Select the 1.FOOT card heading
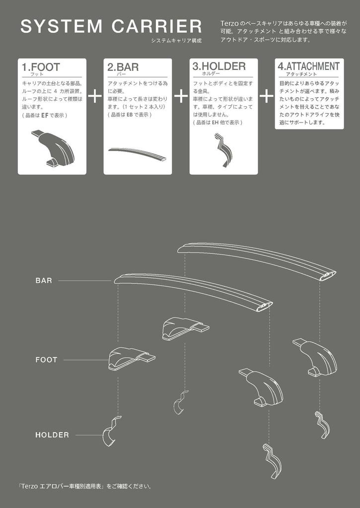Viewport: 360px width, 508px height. (x=41, y=67)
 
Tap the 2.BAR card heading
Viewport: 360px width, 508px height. (x=123, y=67)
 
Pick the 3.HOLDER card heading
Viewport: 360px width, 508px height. (x=219, y=66)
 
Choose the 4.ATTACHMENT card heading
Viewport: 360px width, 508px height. (x=309, y=66)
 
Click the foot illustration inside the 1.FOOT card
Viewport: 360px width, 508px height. (x=55, y=147)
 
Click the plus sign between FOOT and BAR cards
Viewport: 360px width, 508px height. (x=94, y=96)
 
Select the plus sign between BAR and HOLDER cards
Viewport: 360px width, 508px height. (x=180, y=96)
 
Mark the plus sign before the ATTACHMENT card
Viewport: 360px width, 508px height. (x=266, y=96)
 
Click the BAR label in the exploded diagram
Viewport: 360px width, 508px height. (x=44, y=281)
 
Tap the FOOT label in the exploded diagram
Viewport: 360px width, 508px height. (x=46, y=360)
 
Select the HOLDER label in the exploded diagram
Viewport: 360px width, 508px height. (x=52, y=435)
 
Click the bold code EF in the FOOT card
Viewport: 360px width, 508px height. (x=45, y=115)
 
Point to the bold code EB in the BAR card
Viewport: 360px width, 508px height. (x=130, y=115)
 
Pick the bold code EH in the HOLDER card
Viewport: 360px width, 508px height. (x=216, y=123)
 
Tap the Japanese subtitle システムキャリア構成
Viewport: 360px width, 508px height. (x=177, y=40)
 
